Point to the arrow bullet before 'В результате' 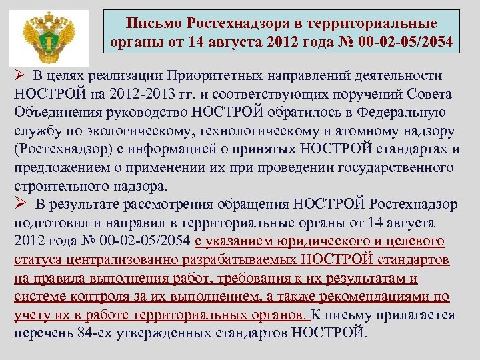[x=21, y=203]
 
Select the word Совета [x=429, y=94]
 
